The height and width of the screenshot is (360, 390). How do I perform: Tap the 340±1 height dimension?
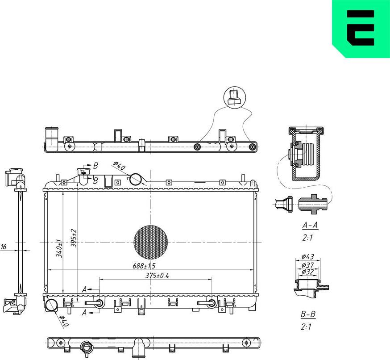click(58, 249)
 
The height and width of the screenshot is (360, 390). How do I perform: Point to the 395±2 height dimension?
click(74, 239)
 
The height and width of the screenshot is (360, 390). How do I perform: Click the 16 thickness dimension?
click(4, 247)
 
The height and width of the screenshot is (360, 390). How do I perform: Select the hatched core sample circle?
click(151, 242)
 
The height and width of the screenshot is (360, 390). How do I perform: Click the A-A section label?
click(310, 225)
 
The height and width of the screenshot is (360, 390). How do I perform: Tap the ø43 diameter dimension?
click(308, 256)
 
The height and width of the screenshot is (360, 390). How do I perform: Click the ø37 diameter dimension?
click(308, 265)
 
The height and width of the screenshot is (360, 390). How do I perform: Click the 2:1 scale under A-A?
click(307, 238)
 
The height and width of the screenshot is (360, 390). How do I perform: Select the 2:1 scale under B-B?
click(306, 327)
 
